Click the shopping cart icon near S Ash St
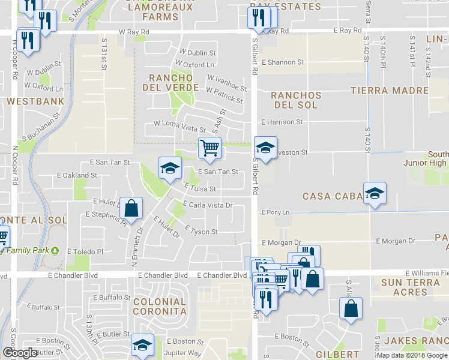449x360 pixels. [x=209, y=147]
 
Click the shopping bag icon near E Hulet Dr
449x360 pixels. [x=131, y=208]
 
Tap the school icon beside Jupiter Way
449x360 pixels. [x=142, y=344]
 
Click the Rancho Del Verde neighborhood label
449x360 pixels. [x=170, y=83]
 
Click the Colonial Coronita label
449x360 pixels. [x=160, y=307]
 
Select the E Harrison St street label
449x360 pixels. [x=282, y=122]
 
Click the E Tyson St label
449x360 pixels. [x=201, y=231]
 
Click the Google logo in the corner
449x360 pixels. [x=20, y=353]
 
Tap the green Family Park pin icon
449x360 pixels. [x=55, y=250]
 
